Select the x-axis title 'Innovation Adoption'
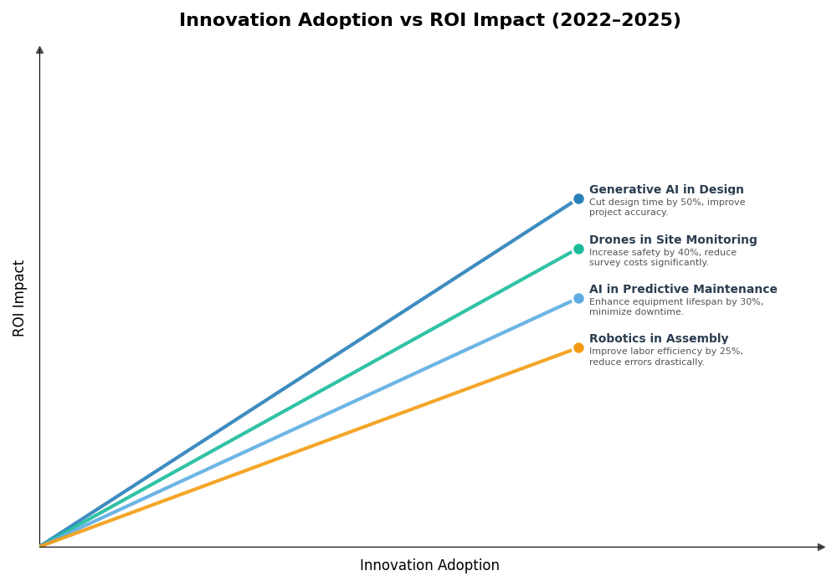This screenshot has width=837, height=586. tap(429, 566)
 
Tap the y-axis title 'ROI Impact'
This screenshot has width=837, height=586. tap(19, 298)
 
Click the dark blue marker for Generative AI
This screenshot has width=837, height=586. tap(578, 199)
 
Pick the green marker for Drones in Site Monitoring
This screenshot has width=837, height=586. tap(578, 249)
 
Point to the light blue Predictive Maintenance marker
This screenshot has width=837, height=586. tap(578, 298)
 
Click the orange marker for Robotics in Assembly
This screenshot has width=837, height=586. tap(578, 347)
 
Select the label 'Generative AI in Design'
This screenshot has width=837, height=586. tap(666, 190)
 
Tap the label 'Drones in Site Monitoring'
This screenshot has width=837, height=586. tap(673, 240)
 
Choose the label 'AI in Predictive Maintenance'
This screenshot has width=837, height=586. tap(683, 290)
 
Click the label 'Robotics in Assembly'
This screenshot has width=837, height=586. tap(659, 339)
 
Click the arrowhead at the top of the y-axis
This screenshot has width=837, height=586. tap(39, 50)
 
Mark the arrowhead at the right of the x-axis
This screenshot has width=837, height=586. tap(821, 547)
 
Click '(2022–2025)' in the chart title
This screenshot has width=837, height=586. tap(616, 21)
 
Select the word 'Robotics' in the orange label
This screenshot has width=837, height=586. tap(617, 339)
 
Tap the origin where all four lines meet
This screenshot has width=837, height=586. tap(40, 547)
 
